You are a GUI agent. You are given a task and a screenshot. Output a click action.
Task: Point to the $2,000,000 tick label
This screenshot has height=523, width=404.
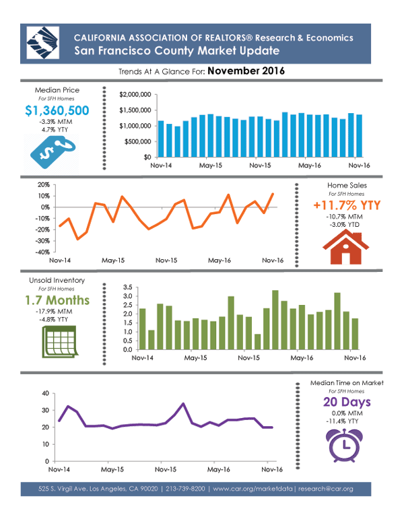(x=134, y=95)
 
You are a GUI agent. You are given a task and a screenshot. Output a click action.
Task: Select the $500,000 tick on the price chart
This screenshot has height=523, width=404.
(x=136, y=141)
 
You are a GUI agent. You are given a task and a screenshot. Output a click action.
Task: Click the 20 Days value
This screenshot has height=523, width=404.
(x=347, y=403)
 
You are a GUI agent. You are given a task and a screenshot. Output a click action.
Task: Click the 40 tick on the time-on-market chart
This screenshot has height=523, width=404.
(x=45, y=393)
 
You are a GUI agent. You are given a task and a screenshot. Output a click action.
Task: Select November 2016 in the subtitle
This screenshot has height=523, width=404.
(x=246, y=71)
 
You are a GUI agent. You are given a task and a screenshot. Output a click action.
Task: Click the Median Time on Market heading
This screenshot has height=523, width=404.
(x=347, y=382)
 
